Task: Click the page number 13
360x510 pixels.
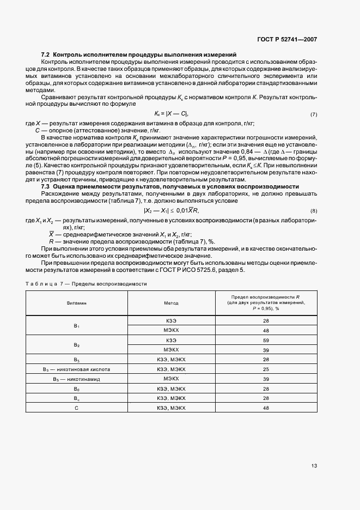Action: (x=314, y=466)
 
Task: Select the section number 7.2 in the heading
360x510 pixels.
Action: (x=46, y=54)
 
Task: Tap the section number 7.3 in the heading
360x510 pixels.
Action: (x=46, y=187)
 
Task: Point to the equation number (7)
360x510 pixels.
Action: (x=314, y=115)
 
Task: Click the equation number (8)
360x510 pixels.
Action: (x=314, y=210)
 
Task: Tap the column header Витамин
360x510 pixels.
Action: (x=77, y=303)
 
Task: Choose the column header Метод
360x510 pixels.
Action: (x=171, y=303)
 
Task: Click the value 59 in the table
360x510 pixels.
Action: (x=266, y=341)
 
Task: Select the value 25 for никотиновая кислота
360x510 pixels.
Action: (x=266, y=369)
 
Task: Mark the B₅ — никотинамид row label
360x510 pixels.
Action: (x=77, y=379)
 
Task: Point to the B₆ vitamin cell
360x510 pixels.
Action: (x=77, y=388)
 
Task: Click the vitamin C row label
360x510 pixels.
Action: (x=77, y=408)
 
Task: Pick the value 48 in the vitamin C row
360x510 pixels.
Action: (x=266, y=408)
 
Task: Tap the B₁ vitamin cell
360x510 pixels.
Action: (x=77, y=326)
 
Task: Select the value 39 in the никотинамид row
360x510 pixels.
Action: (x=266, y=379)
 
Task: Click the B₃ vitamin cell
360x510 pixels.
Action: (x=77, y=360)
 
